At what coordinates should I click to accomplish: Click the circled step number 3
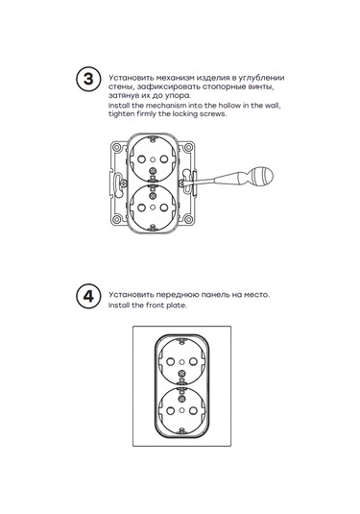point(88,80)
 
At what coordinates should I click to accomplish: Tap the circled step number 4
point(88,296)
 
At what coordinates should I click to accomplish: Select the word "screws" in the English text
point(212,114)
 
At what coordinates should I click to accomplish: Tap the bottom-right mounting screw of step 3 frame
point(188,219)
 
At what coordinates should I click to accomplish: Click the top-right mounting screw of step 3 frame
point(188,147)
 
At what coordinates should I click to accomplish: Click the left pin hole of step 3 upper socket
point(141,159)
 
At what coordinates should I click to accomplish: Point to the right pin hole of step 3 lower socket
point(164,208)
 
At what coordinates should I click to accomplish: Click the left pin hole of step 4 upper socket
point(170,362)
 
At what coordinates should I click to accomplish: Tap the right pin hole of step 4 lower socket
point(193,410)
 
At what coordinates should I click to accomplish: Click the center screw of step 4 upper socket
point(181,373)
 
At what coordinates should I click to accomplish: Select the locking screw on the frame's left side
point(124,184)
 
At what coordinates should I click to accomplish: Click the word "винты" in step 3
point(261,87)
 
